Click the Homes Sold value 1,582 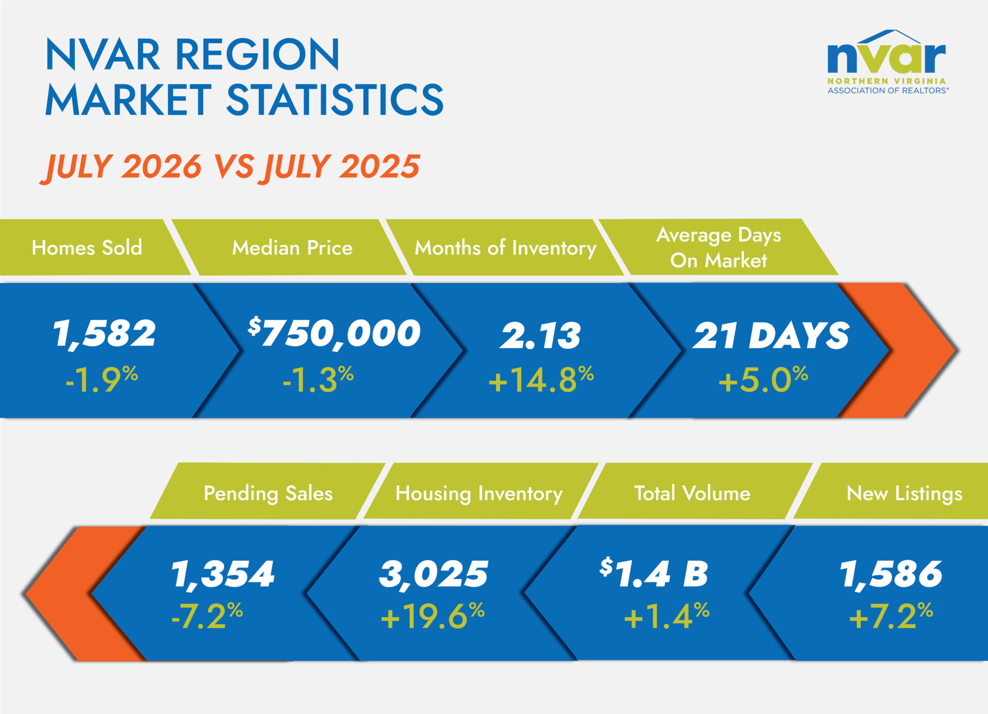(x=104, y=334)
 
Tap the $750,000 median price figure (x=334, y=334)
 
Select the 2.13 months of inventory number (x=541, y=335)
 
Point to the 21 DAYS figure (x=771, y=335)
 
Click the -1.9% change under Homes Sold (x=102, y=379)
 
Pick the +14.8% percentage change (x=541, y=379)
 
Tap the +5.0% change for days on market (x=763, y=379)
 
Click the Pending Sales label (x=268, y=493)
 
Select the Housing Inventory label (x=479, y=493)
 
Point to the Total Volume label (x=692, y=493)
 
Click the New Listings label (x=904, y=493)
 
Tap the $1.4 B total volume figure (x=654, y=572)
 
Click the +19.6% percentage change (x=433, y=616)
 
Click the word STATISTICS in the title (x=335, y=99)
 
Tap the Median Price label (x=292, y=248)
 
